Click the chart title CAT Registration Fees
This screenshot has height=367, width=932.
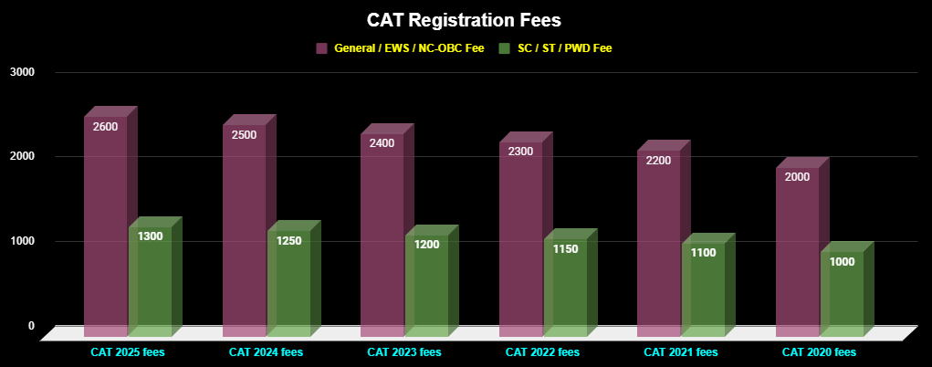tap(466, 19)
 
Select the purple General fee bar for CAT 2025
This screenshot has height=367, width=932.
tap(105, 228)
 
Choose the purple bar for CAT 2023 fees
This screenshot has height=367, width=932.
tap(382, 237)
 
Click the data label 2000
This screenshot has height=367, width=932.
tap(797, 177)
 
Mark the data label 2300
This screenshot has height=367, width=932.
tap(520, 152)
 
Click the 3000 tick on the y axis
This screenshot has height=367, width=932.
tap(22, 72)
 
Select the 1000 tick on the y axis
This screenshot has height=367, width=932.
tap(22, 241)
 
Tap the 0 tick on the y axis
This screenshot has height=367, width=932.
tap(31, 326)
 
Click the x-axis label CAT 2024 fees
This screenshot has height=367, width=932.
tap(266, 351)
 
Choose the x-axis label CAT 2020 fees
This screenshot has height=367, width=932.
tap(819, 351)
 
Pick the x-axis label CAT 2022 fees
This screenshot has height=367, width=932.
tap(542, 351)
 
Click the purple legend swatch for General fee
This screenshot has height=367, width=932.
tap(321, 47)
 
